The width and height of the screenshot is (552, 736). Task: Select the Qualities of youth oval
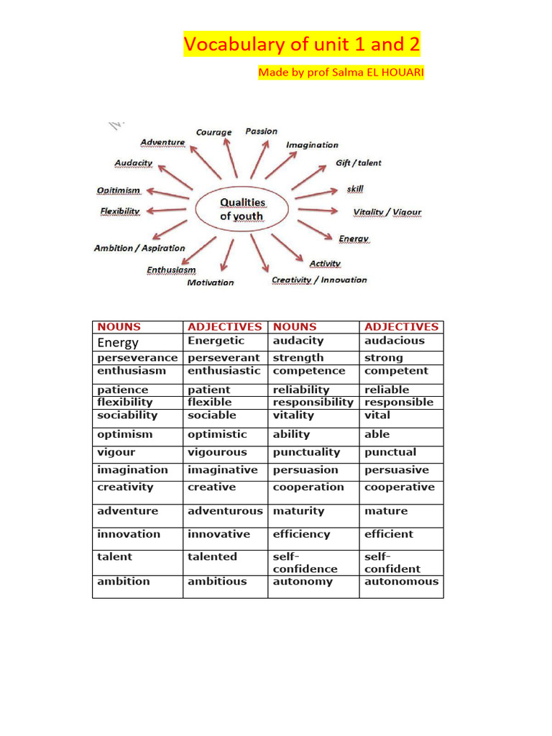pos(242,209)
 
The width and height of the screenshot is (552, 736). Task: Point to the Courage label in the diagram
pos(214,132)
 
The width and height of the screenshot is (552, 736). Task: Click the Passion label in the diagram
pos(261,131)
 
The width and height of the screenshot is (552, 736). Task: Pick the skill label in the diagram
pos(355,188)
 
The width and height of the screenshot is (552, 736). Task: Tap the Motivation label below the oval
pos(211,282)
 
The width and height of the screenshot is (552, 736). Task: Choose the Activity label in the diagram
pos(325,264)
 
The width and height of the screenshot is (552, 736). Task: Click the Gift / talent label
pos(359,163)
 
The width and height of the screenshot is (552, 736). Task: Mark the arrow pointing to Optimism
pos(170,192)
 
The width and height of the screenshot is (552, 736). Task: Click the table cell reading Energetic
pos(216,341)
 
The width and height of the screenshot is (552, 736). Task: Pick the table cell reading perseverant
pos(224,358)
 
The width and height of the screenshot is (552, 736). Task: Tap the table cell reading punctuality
pos(306,453)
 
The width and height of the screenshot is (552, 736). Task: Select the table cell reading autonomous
pos(401,581)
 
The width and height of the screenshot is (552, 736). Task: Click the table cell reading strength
pos(298,358)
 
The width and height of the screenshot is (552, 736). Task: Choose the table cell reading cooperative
pos(400,487)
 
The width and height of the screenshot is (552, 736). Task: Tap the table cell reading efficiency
pos(301,535)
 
